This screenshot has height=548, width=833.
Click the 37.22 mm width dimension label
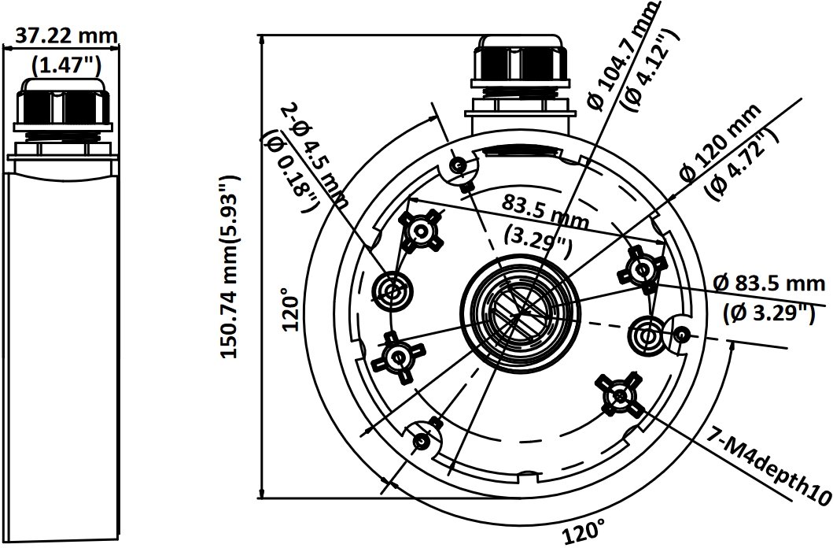(66, 35)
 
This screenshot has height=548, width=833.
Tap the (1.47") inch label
(66, 65)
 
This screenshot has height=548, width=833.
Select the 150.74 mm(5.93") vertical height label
(230, 268)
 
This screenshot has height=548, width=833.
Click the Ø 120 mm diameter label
(721, 143)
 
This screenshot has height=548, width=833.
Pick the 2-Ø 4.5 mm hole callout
(315, 155)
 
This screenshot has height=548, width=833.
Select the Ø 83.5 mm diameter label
(768, 283)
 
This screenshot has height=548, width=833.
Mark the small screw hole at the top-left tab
(458, 166)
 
